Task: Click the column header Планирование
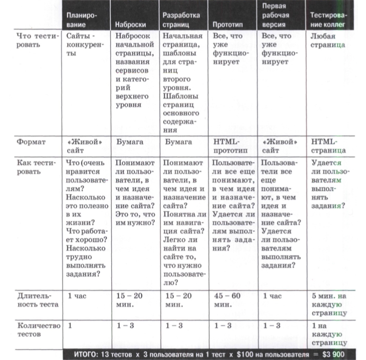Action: (x=82, y=20)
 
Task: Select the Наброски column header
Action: (x=129, y=24)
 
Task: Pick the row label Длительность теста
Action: (x=38, y=300)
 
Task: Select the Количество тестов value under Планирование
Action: (x=70, y=325)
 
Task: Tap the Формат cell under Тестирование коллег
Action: (x=328, y=146)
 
